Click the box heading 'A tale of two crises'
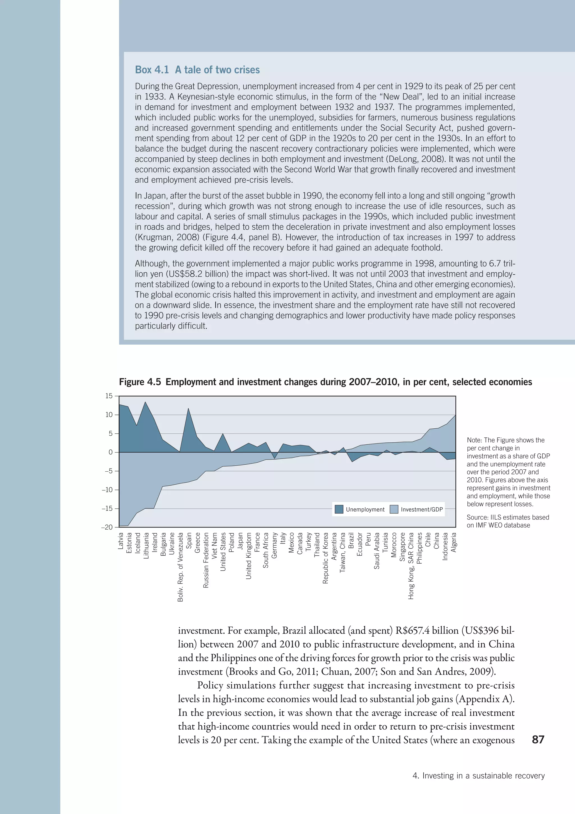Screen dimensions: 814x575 [x=217, y=70]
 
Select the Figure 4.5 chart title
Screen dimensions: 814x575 [x=325, y=382]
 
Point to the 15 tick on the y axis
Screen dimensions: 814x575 [x=109, y=396]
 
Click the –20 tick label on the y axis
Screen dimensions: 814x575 [x=107, y=527]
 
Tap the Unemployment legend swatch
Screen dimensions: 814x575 [x=339, y=510]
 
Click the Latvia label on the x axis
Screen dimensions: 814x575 [x=121, y=541]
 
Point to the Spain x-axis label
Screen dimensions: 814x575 [x=189, y=540]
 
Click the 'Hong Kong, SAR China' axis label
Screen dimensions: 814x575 [x=411, y=566]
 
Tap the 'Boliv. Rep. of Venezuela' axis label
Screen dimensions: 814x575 [x=181, y=567]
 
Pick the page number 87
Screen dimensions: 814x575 [x=538, y=739]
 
